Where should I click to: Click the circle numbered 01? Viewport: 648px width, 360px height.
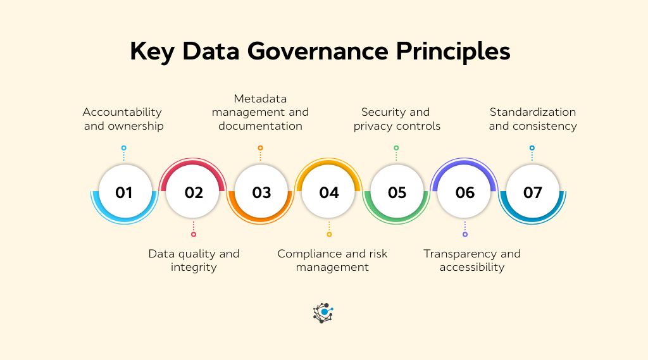(124, 192)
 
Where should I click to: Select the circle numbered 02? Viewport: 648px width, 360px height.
(194, 192)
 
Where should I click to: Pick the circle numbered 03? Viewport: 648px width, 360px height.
(261, 192)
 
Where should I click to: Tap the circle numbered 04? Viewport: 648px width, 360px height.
(329, 192)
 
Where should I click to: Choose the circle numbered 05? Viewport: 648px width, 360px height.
(397, 192)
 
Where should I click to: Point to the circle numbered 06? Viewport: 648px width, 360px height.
(464, 192)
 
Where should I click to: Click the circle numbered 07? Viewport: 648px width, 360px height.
(532, 192)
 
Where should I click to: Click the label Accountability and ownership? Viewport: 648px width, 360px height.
(123, 119)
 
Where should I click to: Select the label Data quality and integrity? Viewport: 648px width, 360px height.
(194, 260)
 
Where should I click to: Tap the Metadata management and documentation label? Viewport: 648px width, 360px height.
(260, 112)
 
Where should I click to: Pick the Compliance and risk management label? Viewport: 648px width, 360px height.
(332, 260)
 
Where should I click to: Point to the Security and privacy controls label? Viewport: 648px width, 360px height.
(397, 119)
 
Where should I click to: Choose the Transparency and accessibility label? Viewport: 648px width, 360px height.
(472, 260)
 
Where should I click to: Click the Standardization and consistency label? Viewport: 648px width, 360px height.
(533, 119)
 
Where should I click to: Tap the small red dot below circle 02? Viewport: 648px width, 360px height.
(194, 234)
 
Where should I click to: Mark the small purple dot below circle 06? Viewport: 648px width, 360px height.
(465, 234)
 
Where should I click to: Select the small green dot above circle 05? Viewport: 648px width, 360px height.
(396, 148)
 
